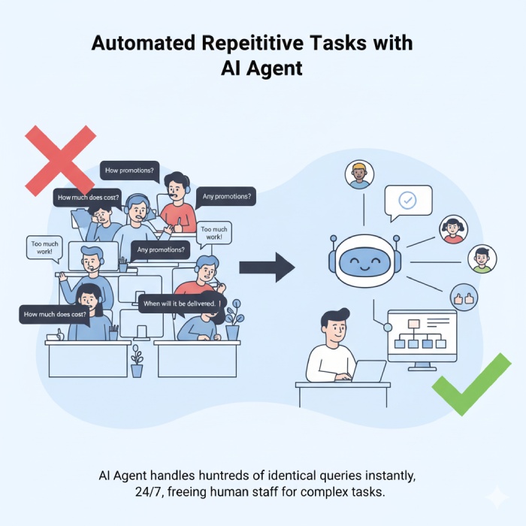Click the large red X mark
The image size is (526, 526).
60,160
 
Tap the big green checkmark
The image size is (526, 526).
471,384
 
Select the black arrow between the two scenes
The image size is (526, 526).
267,265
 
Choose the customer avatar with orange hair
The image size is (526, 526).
359,174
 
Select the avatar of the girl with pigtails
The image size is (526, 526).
452,229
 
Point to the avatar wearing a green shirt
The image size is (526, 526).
482,259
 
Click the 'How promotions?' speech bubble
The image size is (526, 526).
130,171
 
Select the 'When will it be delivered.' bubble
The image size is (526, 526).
182,303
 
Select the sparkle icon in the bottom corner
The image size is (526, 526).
496,498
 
